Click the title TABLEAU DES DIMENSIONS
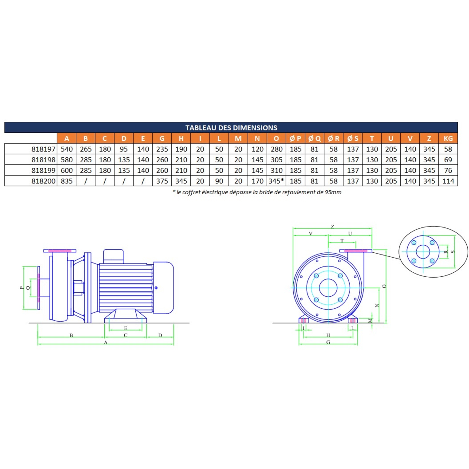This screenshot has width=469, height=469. [x=231, y=128]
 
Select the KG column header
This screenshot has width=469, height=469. [x=448, y=138]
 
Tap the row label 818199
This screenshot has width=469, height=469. [x=43, y=170]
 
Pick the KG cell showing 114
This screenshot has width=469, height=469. [x=448, y=181]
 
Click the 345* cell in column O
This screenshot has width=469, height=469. [x=276, y=181]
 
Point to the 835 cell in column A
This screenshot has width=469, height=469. [x=67, y=181]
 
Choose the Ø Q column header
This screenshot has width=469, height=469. [x=315, y=138]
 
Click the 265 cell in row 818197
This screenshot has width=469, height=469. [x=86, y=149]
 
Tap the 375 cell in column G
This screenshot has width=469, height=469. [x=162, y=181]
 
